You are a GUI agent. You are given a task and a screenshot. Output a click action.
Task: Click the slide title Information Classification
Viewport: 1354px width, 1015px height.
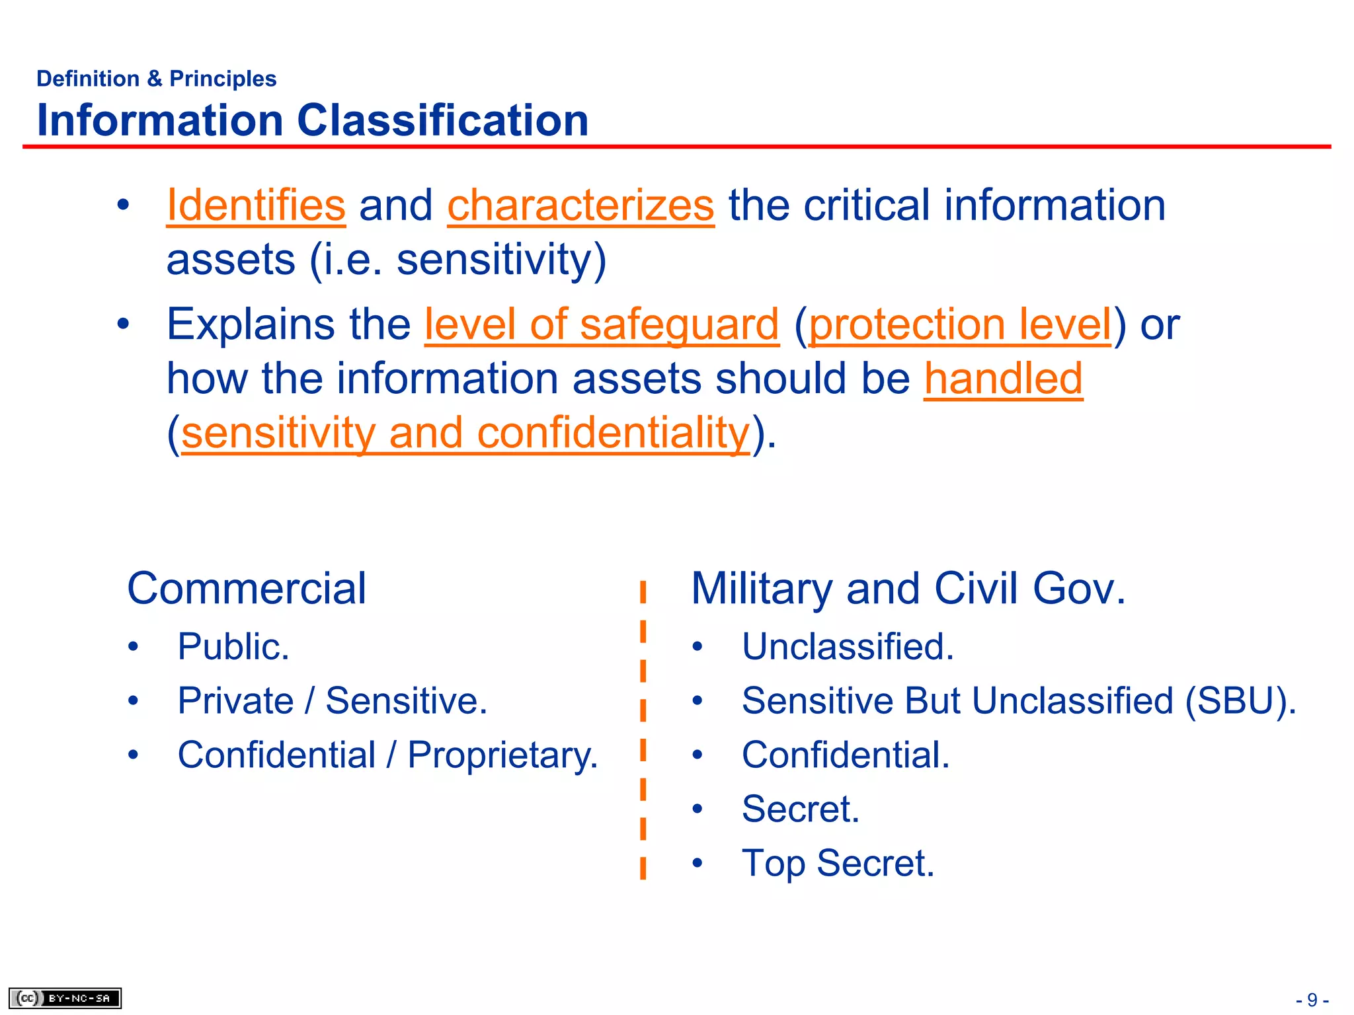[x=312, y=121]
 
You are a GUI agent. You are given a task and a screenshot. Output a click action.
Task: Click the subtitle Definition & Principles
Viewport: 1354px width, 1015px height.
[x=156, y=79]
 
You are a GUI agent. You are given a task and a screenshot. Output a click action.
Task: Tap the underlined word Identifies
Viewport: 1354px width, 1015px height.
[x=256, y=206]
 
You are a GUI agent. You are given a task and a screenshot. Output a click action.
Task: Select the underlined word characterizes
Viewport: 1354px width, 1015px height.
[x=580, y=206]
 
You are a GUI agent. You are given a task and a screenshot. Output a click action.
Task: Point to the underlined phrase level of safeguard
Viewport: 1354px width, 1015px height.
[x=602, y=324]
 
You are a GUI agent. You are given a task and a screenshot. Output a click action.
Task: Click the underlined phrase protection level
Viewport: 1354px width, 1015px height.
[x=960, y=324]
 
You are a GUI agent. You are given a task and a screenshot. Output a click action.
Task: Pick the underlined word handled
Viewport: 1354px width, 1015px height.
[x=1003, y=379]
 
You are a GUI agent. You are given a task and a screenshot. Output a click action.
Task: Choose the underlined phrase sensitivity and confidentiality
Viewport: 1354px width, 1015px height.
[x=465, y=433]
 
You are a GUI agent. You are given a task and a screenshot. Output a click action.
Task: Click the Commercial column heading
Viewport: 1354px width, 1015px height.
[x=247, y=588]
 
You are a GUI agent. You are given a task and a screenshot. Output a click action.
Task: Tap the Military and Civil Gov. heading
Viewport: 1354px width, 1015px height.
[x=908, y=588]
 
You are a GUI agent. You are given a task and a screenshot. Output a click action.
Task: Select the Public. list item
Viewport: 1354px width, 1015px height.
[x=233, y=646]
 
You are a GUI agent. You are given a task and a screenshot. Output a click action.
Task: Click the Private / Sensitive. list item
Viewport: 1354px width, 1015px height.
[x=332, y=700]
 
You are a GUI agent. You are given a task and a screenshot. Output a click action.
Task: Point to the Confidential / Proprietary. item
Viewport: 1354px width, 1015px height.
[x=387, y=755]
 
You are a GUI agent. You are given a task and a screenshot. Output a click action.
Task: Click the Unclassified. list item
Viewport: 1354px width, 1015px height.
[x=848, y=646]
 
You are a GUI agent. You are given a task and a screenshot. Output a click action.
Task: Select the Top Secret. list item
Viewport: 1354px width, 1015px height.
[x=838, y=863]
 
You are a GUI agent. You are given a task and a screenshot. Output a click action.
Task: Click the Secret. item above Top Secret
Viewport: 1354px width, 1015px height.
[x=800, y=809]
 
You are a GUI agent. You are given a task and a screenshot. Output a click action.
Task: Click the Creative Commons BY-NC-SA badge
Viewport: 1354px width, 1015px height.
[x=65, y=998]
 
